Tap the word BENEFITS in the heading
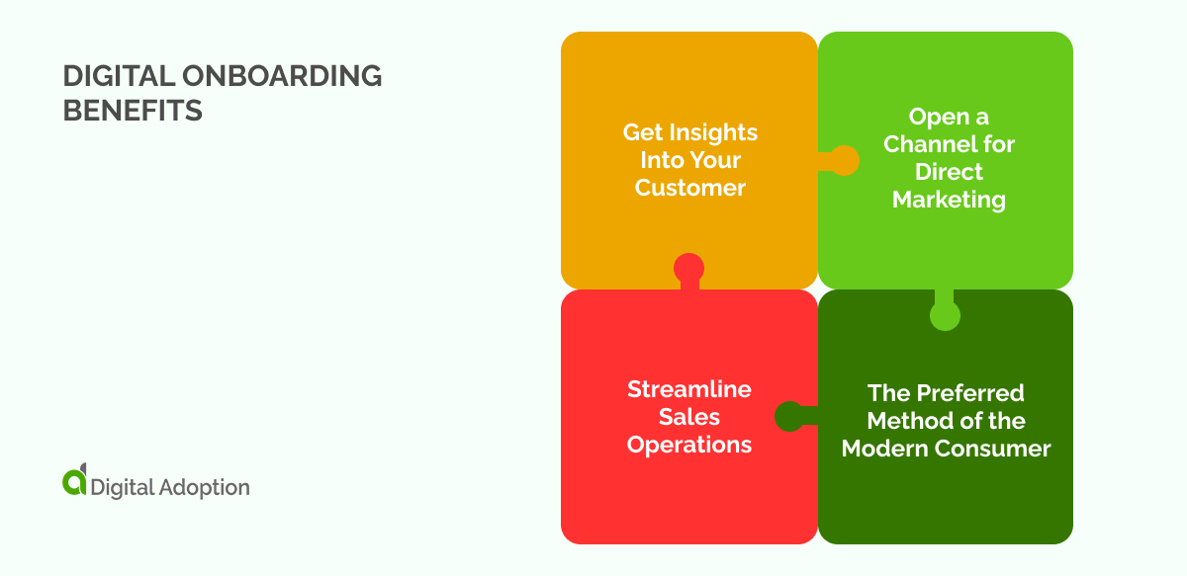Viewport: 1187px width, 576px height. (x=133, y=111)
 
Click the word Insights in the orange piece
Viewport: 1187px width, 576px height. (x=712, y=132)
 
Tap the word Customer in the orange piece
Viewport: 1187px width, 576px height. (x=689, y=188)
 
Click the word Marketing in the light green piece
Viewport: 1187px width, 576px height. (x=949, y=200)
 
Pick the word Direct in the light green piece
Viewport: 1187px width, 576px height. (x=949, y=172)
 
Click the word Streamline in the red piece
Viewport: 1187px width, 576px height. (x=689, y=389)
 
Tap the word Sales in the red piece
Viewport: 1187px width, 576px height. (x=689, y=417)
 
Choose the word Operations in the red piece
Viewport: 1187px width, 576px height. (x=689, y=445)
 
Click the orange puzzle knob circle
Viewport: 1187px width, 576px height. (x=844, y=161)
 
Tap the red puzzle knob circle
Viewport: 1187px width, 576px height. (x=688, y=267)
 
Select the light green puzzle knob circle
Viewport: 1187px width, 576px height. (x=945, y=315)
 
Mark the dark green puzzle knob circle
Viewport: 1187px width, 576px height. (x=789, y=417)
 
